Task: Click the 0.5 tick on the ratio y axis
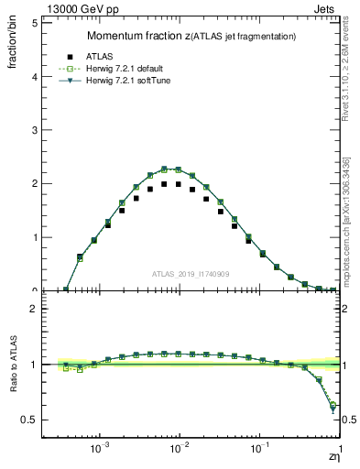pyautogui.click(x=29, y=420)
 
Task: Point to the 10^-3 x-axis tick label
pyautogui.click(x=101, y=449)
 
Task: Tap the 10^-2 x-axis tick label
pyautogui.click(x=180, y=449)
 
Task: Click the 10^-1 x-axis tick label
pyautogui.click(x=260, y=449)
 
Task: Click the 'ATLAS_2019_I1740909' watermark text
pyautogui.click(x=191, y=274)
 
